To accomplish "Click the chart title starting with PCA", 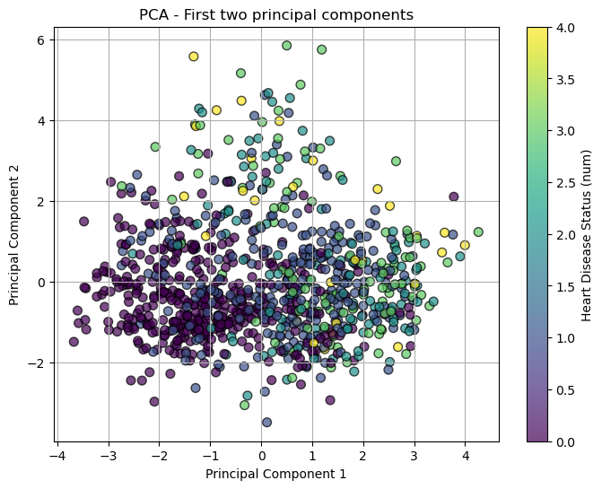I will pos(276,14).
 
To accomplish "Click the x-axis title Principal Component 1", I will pos(276,473).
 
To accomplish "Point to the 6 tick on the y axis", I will pos(41,39).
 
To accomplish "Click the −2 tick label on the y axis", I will pos(39,363).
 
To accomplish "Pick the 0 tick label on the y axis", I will pos(41,283).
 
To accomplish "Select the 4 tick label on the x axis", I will pos(465,455).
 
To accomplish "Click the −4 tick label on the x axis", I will pos(57,455).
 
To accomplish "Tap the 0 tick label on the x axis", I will pos(262,455).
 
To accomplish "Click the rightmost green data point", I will pos(478,231).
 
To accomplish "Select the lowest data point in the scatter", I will pos(266,422).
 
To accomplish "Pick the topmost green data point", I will pos(287,46).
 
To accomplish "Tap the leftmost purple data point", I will pos(74,341).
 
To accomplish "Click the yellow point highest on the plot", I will pos(194,57).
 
